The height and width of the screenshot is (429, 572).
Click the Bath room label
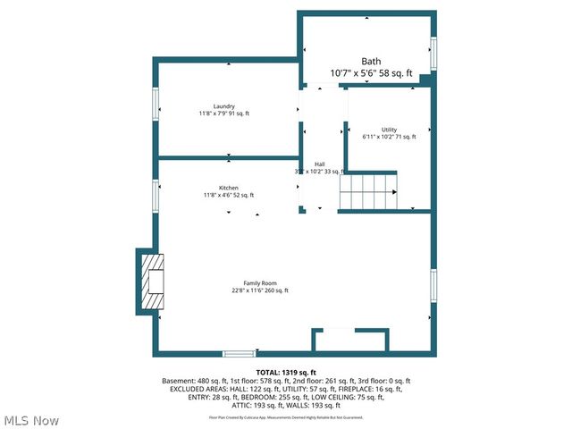tap(371, 62)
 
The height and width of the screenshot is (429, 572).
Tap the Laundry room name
tap(223, 106)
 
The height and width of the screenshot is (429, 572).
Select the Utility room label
tap(389, 130)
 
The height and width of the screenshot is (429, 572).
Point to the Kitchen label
tap(228, 188)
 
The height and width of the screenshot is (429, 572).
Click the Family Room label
tap(261, 283)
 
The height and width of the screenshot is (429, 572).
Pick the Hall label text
tap(319, 164)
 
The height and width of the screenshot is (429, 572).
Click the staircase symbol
tap(367, 191)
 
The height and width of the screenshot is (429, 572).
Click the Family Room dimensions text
tap(261, 290)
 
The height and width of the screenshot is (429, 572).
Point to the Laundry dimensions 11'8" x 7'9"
tap(224, 114)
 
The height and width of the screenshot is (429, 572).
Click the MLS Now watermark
tap(30, 420)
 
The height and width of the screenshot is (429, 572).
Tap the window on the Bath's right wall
tap(433, 55)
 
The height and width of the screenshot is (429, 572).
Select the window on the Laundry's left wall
tap(156, 107)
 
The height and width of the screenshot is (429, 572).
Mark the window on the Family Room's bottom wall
tap(239, 354)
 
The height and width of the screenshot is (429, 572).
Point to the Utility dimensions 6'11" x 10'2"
tap(389, 137)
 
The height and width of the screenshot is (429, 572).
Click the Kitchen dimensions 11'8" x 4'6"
tap(229, 195)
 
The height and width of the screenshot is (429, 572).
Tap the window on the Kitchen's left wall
tap(156, 196)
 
